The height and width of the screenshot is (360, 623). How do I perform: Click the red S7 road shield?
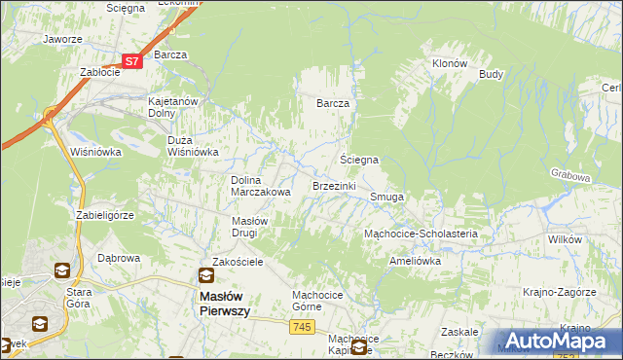133,60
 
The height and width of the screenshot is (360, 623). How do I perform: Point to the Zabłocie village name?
99,72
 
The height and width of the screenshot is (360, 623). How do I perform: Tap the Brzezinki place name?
334,185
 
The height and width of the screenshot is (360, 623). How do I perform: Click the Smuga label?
386,197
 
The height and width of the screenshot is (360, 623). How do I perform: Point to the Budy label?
491,74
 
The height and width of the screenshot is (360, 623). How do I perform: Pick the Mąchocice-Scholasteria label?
420,234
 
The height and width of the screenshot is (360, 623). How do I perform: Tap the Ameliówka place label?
415,261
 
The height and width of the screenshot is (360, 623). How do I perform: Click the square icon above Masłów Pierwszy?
205,275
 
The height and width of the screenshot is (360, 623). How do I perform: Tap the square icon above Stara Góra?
61,270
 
